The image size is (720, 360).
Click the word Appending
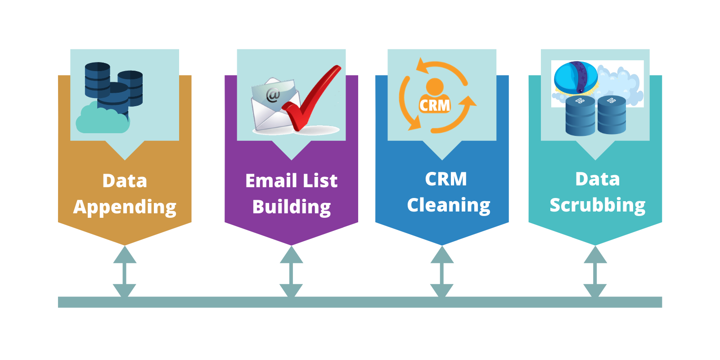coord(125,207)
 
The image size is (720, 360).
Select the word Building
coord(292,207)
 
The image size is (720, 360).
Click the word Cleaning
coord(449,205)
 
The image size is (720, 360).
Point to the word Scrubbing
coord(597,205)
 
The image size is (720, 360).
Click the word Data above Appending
coord(125,181)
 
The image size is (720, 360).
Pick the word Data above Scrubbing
coord(598,179)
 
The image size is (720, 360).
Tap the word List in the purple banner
coord(320,181)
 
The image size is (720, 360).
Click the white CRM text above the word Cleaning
coord(446,179)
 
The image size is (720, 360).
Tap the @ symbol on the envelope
coord(273,95)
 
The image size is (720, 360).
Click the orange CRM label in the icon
coord(435,105)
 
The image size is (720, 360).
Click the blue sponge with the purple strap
coord(576,77)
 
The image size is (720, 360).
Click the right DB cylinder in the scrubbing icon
coord(612,115)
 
